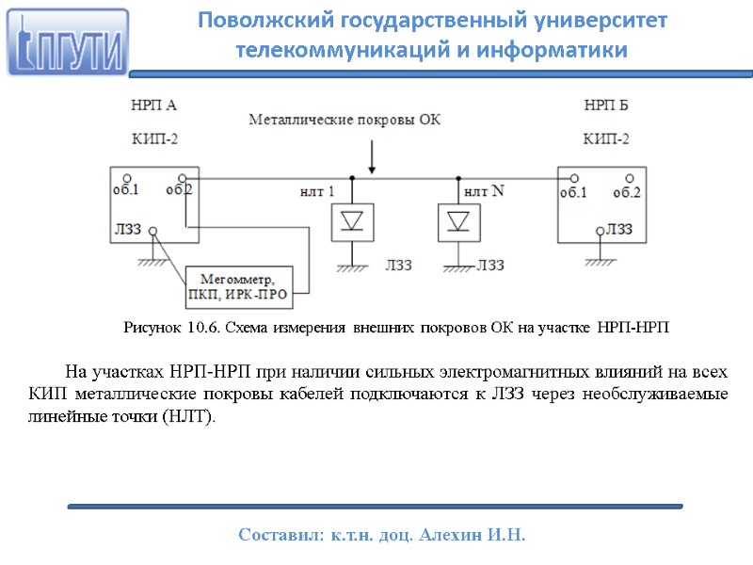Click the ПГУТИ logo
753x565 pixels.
pyautogui.click(x=69, y=42)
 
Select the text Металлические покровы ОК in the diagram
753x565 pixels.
pyautogui.click(x=344, y=120)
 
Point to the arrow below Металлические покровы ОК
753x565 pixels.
pyautogui.click(x=375, y=155)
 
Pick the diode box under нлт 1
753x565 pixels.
pyautogui.click(x=352, y=221)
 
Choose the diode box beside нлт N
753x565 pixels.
pyautogui.click(x=458, y=221)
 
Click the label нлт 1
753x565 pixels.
pyautogui.click(x=316, y=192)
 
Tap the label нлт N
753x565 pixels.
pyautogui.click(x=485, y=191)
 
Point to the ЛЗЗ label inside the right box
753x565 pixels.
pyautogui.click(x=619, y=228)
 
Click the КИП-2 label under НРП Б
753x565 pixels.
pyautogui.click(x=607, y=139)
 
